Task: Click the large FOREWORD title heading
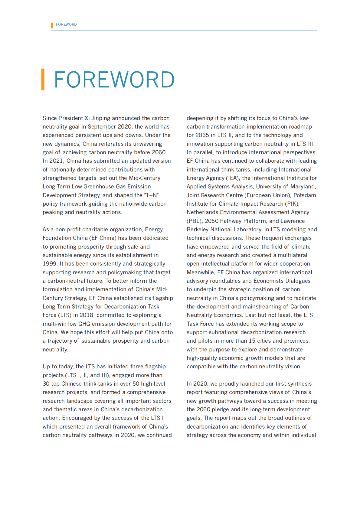(114, 80)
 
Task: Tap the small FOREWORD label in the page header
(66, 24)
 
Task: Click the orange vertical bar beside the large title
(43, 80)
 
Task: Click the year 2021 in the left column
(56, 161)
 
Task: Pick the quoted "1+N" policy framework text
(152, 195)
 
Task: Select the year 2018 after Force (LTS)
(87, 315)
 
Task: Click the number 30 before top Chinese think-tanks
(46, 384)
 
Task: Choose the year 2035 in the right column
(202, 135)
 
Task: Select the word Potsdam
(305, 195)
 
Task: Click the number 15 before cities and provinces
(252, 341)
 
